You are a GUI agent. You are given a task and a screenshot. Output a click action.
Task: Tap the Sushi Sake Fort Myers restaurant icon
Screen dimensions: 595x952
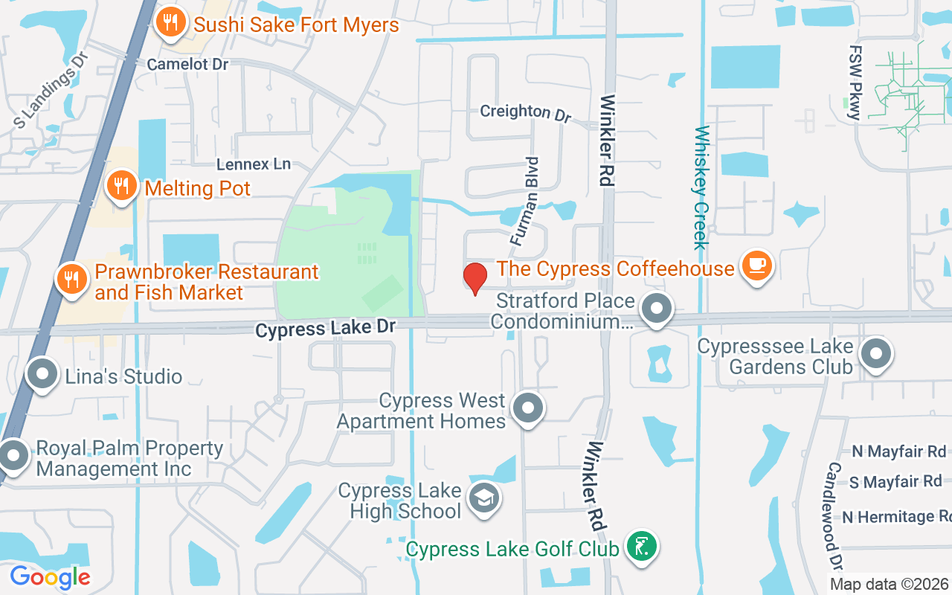point(171,22)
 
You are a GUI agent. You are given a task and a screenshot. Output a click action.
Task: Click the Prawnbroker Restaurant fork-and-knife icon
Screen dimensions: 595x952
point(72,280)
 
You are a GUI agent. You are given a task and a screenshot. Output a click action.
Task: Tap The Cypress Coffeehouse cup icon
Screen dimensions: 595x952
point(757,265)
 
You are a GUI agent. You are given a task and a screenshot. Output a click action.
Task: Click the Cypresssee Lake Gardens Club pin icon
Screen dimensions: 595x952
point(876,354)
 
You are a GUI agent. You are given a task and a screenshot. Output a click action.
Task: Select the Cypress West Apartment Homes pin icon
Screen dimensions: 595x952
point(529,408)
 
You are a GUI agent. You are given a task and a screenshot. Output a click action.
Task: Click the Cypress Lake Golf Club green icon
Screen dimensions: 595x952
point(641,547)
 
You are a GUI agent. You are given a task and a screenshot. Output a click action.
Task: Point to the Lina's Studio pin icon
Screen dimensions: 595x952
point(42,374)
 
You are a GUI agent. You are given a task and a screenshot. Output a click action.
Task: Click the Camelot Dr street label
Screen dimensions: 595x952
point(187,64)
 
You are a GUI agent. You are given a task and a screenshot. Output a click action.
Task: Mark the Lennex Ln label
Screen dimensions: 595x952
point(253,164)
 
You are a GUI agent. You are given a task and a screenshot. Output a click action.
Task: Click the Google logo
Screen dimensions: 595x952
point(50,577)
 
